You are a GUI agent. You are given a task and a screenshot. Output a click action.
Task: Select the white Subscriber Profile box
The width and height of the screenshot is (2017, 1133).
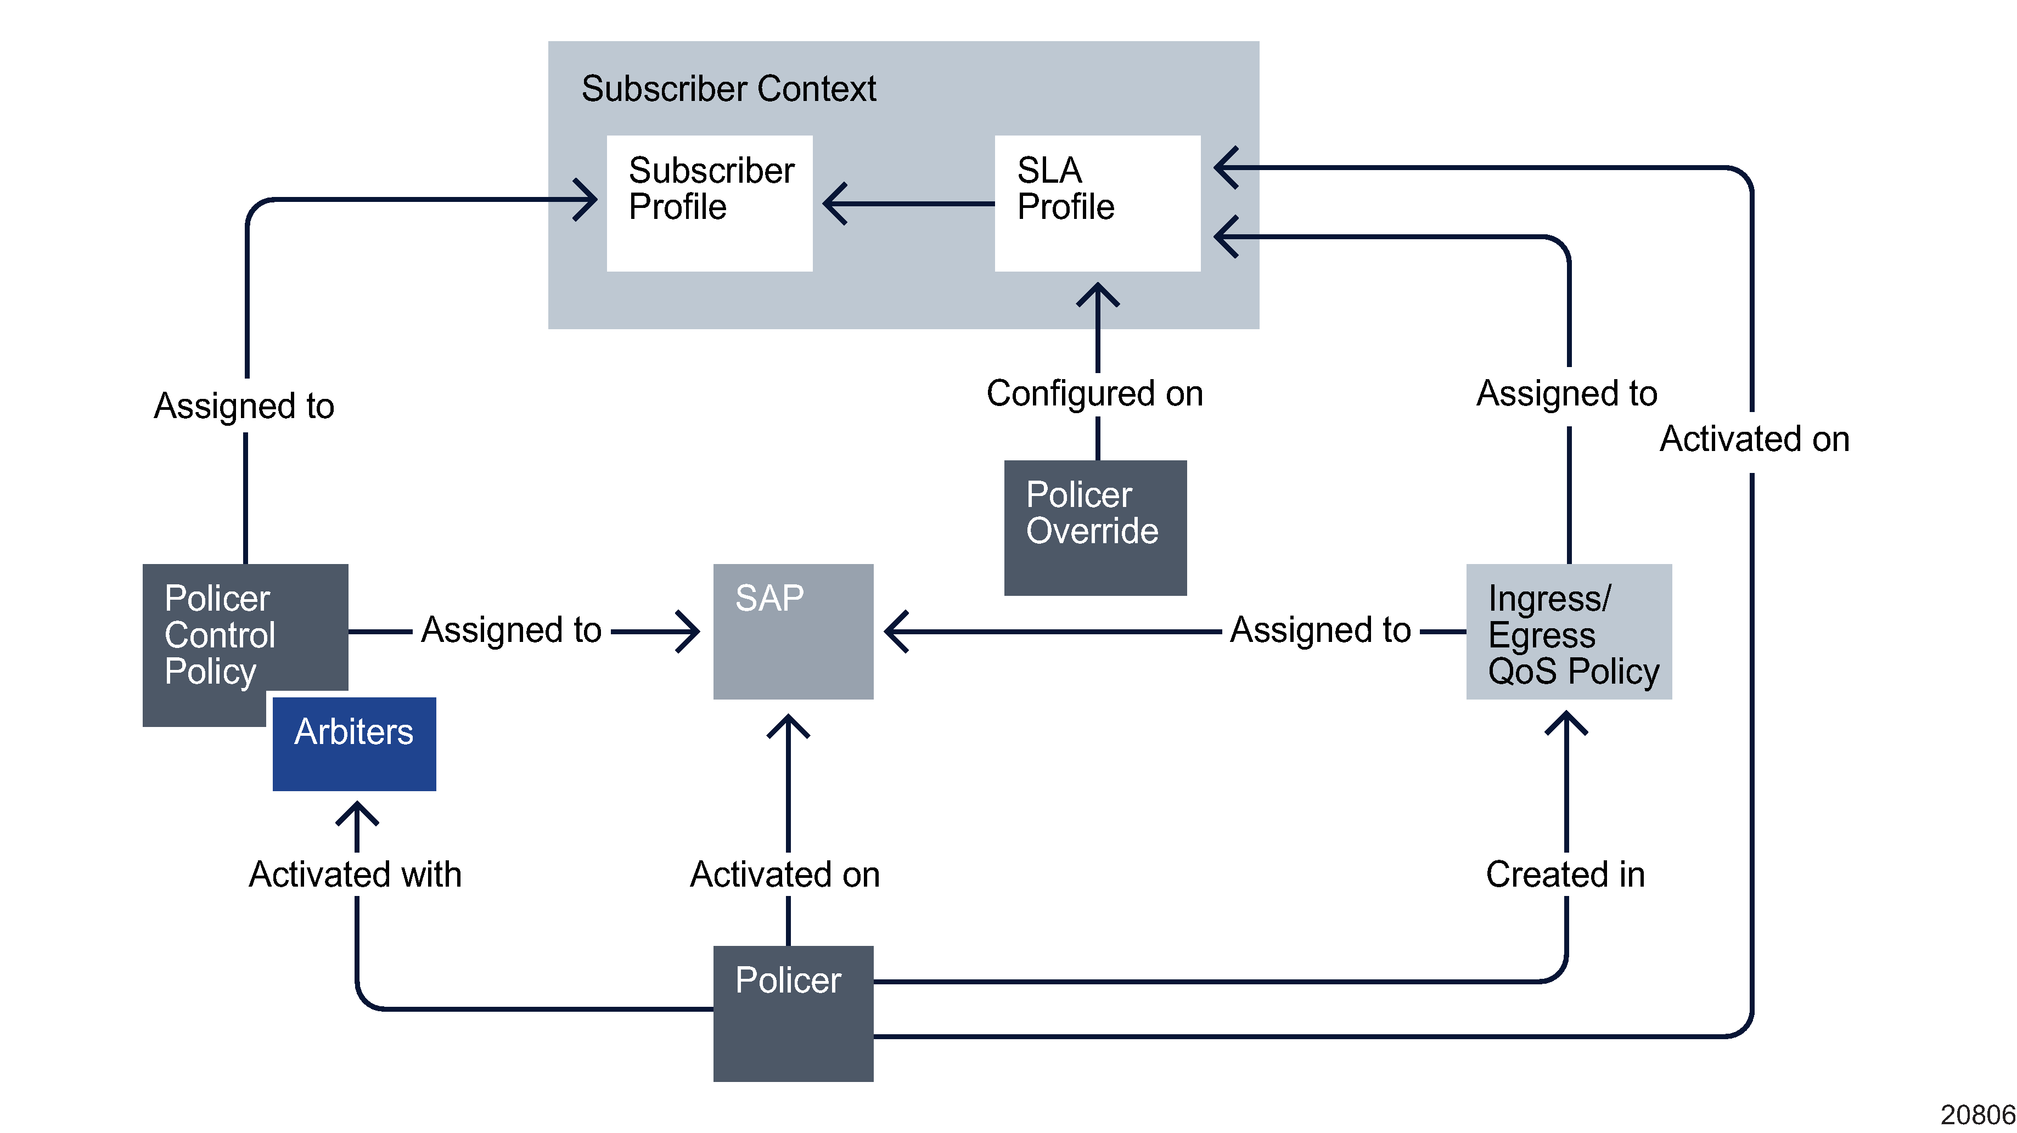click(x=710, y=204)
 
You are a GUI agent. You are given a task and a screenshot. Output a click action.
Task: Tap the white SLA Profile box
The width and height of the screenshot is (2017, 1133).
click(x=1097, y=204)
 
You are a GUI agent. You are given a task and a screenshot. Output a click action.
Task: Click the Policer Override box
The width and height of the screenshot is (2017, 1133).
click(x=1094, y=528)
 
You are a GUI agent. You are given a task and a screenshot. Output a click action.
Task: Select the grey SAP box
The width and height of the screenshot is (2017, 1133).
click(x=793, y=631)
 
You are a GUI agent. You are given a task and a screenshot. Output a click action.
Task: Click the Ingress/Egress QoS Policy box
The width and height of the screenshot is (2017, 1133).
click(x=1569, y=631)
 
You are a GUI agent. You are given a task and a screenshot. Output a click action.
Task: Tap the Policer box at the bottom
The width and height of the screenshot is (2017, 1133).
click(x=793, y=1013)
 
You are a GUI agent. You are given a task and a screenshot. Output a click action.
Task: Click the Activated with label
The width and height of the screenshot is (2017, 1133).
click(x=355, y=875)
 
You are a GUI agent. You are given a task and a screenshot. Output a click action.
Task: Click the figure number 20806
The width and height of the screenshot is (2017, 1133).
click(x=1977, y=1115)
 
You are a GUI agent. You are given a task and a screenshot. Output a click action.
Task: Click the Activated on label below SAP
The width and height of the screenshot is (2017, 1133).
click(x=784, y=875)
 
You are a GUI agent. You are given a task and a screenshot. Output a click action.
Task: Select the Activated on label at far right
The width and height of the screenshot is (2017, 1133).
click(x=1754, y=439)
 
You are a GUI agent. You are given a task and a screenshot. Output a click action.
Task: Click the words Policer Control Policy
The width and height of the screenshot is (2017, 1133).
click(x=219, y=635)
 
